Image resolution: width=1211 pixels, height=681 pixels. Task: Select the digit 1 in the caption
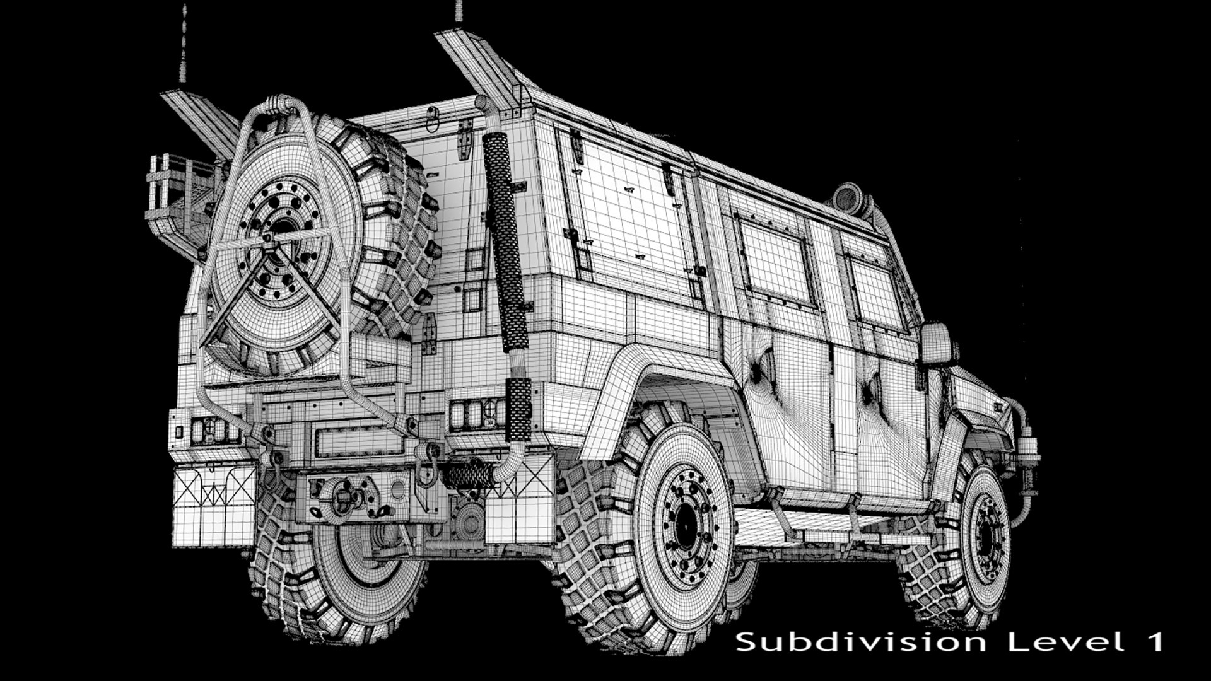(1154, 643)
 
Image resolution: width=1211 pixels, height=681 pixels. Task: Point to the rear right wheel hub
(684, 527)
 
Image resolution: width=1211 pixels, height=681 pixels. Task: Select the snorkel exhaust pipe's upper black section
(505, 240)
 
